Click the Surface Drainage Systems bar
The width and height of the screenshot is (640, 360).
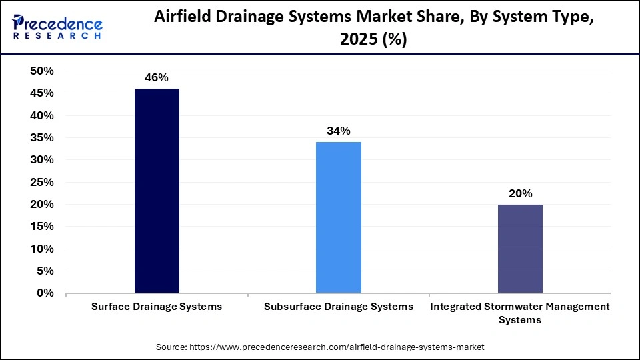pyautogui.click(x=157, y=191)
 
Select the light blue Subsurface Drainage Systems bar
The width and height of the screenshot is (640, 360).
pyautogui.click(x=338, y=217)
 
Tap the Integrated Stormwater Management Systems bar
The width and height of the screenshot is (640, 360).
pyautogui.click(x=520, y=248)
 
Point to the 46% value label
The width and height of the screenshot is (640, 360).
pyautogui.click(x=157, y=78)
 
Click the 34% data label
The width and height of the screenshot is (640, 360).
pyautogui.click(x=338, y=131)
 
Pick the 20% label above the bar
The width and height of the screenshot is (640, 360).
pyautogui.click(x=520, y=193)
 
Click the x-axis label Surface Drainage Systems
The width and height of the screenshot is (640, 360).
pyautogui.click(x=157, y=307)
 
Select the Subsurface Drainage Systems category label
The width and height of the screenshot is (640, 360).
pyautogui.click(x=338, y=307)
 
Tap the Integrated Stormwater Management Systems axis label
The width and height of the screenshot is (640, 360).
pyautogui.click(x=520, y=313)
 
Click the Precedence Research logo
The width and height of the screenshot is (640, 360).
pyautogui.click(x=57, y=27)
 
